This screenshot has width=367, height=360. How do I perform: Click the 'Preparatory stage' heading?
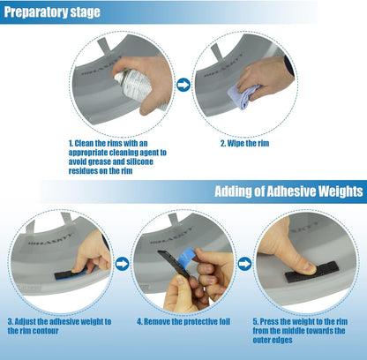point(52,12)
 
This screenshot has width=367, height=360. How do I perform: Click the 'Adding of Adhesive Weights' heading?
point(288,191)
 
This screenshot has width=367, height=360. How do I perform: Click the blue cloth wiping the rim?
point(243,95)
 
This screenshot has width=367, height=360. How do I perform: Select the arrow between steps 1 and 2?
point(183,85)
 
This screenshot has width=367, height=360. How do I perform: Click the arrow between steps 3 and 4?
point(122,264)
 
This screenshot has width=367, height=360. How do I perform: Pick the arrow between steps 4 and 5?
point(244,264)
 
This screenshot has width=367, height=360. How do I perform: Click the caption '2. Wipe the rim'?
point(244,144)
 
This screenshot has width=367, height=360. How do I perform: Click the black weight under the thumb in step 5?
point(311,272)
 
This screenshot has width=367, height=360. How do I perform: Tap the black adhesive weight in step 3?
point(69,275)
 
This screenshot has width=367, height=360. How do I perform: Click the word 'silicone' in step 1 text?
point(139,161)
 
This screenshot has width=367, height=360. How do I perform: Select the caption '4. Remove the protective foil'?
point(183,322)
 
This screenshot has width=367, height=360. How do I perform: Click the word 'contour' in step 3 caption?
point(44,331)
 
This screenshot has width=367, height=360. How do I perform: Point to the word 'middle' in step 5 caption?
point(293,331)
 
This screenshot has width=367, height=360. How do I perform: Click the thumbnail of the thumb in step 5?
point(310,266)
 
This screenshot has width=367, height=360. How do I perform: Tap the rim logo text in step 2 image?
point(223,66)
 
